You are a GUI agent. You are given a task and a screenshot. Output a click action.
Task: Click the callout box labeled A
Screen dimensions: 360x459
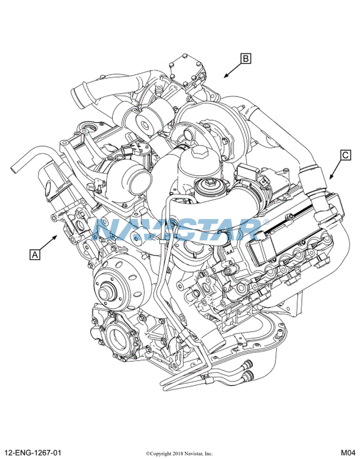(x=35, y=255)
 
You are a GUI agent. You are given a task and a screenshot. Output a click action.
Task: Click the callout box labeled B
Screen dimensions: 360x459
(x=246, y=59)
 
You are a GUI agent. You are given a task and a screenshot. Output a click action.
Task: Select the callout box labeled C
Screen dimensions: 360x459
(x=346, y=155)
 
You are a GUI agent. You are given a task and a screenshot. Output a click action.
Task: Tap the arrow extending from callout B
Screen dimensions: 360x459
(x=233, y=70)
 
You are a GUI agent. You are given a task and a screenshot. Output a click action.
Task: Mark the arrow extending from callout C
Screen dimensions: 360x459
(x=336, y=169)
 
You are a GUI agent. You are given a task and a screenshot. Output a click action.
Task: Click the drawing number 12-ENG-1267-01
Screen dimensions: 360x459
(x=32, y=453)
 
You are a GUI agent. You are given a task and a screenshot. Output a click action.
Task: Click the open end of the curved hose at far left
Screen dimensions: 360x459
(x=14, y=169)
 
